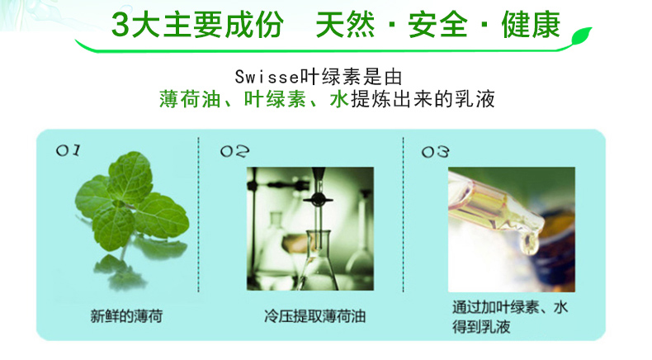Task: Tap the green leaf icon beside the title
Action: (582, 36)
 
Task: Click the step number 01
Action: (69, 150)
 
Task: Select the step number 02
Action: (235, 151)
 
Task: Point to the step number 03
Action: (436, 152)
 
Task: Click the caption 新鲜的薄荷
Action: (126, 316)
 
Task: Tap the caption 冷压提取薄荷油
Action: (314, 316)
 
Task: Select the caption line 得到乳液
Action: (481, 327)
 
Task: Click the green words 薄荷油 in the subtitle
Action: (190, 99)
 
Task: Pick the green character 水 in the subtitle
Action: (339, 99)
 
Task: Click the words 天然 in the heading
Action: (345, 26)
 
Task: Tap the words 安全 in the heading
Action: (437, 26)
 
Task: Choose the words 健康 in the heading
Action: (531, 26)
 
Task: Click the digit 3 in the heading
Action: (120, 26)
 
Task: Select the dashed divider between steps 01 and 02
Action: (198, 215)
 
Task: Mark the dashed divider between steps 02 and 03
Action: (403, 215)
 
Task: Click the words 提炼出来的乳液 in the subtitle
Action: (423, 99)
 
